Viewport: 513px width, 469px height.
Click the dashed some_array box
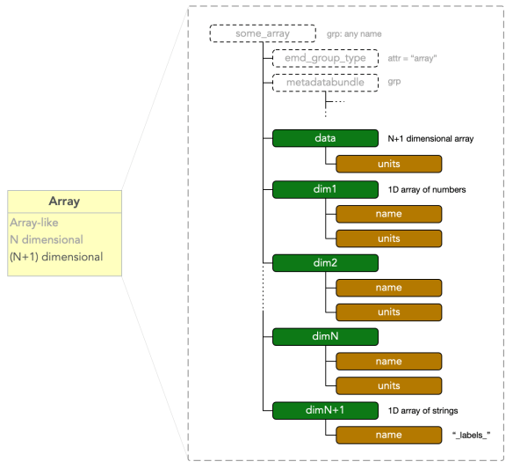point(263,33)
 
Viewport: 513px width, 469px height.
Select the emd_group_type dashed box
point(325,58)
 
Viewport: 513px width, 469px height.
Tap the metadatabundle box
point(325,82)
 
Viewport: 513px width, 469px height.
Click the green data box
point(325,138)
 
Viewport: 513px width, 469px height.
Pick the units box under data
point(388,164)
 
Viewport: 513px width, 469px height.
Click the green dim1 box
point(325,189)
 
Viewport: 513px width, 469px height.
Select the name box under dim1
point(388,214)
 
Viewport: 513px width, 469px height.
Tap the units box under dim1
point(388,238)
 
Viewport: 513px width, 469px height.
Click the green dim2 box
point(325,263)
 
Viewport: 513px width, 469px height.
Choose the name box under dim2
point(388,288)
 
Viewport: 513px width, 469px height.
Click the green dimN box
point(325,337)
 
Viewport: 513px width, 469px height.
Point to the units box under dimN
point(388,385)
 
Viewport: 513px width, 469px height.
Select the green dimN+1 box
point(325,410)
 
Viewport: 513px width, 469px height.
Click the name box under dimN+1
point(388,435)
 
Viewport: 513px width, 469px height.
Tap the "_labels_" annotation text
point(472,435)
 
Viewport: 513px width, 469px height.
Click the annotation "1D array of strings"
point(423,411)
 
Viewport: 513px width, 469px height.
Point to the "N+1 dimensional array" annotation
point(430,139)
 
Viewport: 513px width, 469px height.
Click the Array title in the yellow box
point(64,201)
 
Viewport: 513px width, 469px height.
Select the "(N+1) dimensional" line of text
point(56,257)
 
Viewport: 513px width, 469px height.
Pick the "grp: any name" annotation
point(354,33)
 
